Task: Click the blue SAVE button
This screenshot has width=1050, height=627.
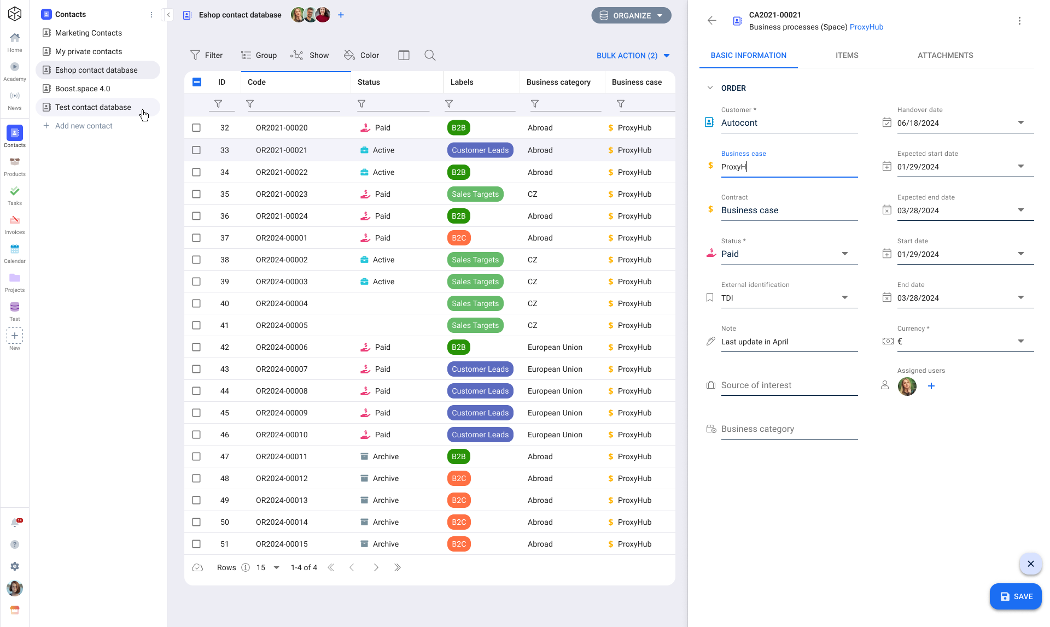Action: pyautogui.click(x=1016, y=596)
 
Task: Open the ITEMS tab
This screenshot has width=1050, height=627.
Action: pyautogui.click(x=847, y=55)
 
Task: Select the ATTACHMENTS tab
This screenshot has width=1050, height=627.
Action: pyautogui.click(x=945, y=55)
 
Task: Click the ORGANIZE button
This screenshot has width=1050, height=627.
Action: pyautogui.click(x=631, y=15)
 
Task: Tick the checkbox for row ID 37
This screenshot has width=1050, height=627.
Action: pyautogui.click(x=196, y=238)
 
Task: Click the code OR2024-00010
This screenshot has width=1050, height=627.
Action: pyautogui.click(x=282, y=435)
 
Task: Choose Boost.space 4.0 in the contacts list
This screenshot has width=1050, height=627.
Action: pyautogui.click(x=83, y=89)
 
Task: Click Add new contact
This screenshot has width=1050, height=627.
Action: pyautogui.click(x=84, y=126)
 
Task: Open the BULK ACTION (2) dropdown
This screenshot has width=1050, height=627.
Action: pyautogui.click(x=633, y=55)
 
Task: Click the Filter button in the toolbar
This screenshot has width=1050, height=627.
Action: pyautogui.click(x=206, y=55)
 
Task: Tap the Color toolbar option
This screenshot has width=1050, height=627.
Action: pyautogui.click(x=361, y=55)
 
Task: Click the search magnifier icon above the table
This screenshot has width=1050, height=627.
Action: pyautogui.click(x=430, y=55)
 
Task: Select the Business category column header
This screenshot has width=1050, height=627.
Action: pyautogui.click(x=558, y=82)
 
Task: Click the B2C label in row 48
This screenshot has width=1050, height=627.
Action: pyautogui.click(x=459, y=478)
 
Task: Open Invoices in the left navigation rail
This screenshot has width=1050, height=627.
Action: pyautogui.click(x=15, y=224)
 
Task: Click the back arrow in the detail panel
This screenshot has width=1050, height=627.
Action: pyautogui.click(x=711, y=21)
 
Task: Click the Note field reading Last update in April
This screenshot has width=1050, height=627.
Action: pyautogui.click(x=787, y=342)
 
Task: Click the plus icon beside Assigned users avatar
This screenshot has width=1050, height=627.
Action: pyautogui.click(x=931, y=386)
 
